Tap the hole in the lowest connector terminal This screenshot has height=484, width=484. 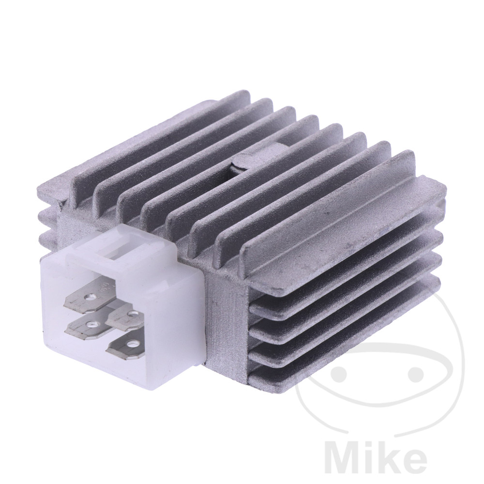click(x=133, y=343)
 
